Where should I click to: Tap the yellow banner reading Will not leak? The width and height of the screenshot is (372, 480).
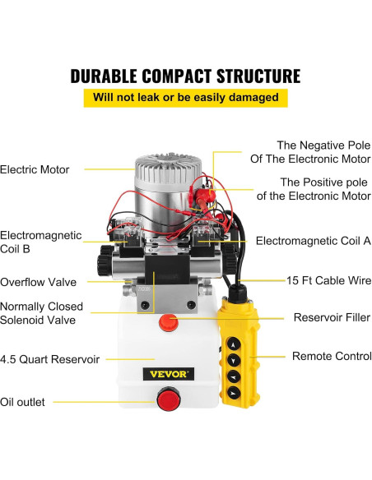[185, 98]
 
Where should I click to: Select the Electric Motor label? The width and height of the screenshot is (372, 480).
[35, 170]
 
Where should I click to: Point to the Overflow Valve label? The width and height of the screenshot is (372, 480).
[39, 282]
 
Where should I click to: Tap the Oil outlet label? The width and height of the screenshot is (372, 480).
[23, 402]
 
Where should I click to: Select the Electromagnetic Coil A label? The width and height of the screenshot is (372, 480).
[314, 241]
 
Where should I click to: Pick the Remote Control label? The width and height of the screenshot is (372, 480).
[332, 357]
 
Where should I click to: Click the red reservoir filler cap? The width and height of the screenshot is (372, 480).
[169, 322]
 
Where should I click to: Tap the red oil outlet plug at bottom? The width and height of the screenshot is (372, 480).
[169, 403]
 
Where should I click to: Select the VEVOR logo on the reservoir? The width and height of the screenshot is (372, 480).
[169, 374]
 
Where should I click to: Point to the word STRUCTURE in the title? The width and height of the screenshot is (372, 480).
[247, 76]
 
